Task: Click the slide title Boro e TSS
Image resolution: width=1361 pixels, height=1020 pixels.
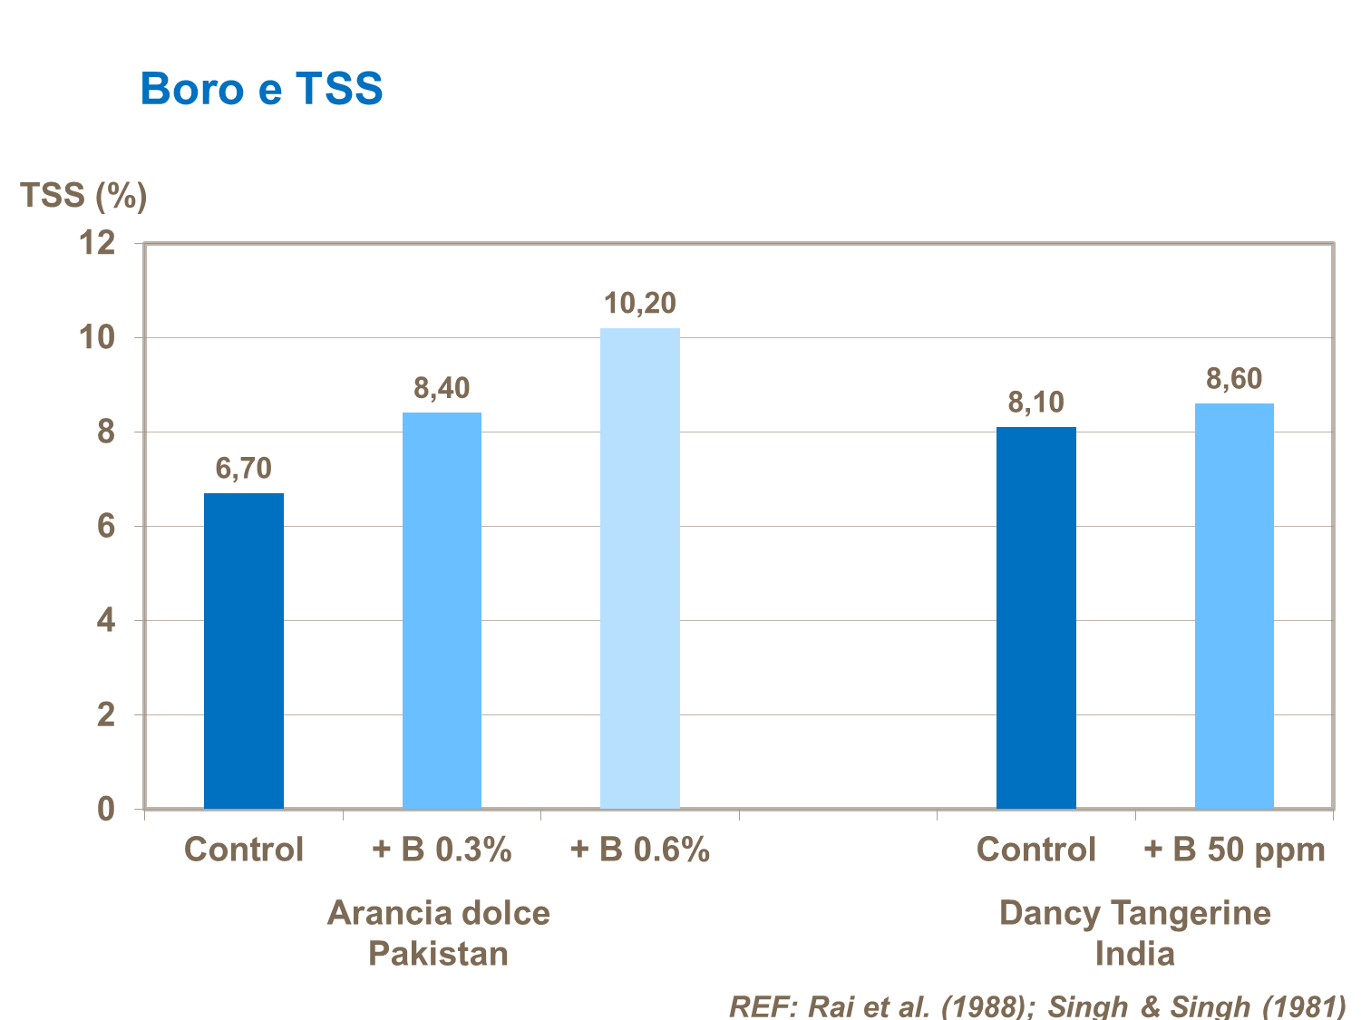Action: click(261, 90)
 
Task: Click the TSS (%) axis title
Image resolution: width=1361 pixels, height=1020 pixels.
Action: click(83, 195)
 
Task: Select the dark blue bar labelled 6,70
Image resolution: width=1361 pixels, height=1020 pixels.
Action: click(243, 650)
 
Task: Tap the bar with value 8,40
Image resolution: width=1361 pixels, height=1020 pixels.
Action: click(442, 610)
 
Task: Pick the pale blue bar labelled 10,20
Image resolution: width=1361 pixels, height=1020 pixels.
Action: click(640, 568)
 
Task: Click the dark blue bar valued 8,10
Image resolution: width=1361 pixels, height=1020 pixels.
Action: click(1035, 617)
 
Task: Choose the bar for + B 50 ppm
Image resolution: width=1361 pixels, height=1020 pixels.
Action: click(1234, 606)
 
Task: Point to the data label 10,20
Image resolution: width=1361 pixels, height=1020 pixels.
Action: click(640, 304)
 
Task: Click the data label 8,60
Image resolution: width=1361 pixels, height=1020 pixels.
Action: click(1234, 379)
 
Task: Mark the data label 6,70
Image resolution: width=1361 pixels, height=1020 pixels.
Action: click(243, 469)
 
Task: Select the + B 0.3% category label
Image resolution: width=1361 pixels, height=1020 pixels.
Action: click(442, 850)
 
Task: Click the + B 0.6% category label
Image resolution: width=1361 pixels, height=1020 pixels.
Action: click(640, 850)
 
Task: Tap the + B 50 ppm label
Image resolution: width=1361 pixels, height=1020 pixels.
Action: click(1234, 850)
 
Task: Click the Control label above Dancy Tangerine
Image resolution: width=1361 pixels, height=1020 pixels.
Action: click(1035, 850)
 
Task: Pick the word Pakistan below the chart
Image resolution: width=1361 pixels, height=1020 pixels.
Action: click(438, 954)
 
